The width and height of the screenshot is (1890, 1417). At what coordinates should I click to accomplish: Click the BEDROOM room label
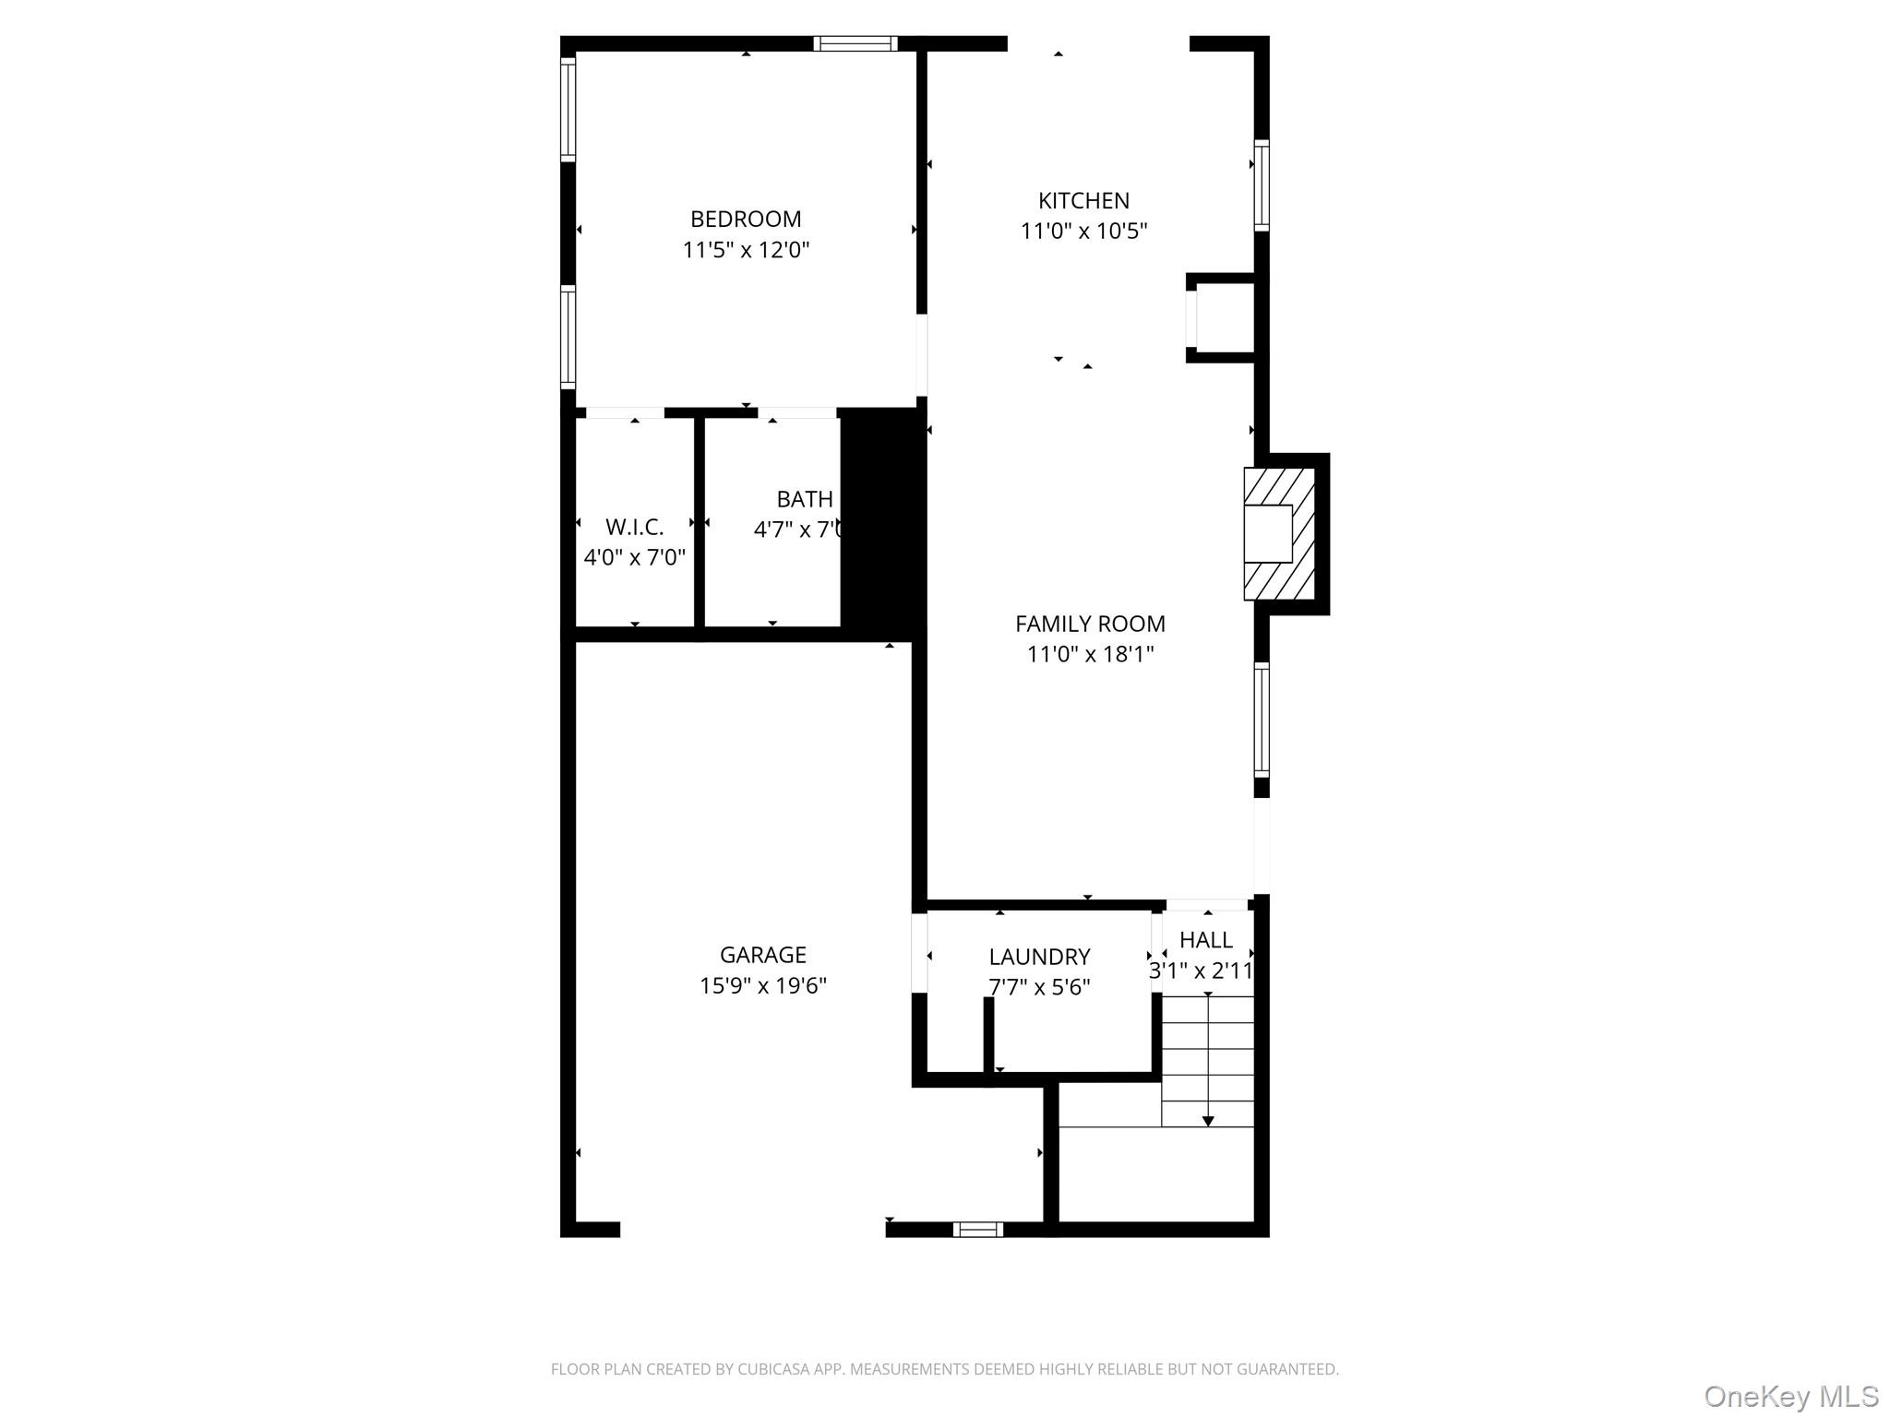(x=746, y=220)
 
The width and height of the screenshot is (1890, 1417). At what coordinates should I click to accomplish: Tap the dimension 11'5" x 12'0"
(x=746, y=250)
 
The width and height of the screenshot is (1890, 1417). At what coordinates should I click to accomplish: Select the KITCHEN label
(x=1083, y=201)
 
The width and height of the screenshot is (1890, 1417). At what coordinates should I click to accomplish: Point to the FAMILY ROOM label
(x=1090, y=625)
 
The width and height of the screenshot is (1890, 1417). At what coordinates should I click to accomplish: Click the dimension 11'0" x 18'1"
(x=1090, y=655)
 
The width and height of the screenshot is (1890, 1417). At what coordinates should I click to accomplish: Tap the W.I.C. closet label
(x=634, y=528)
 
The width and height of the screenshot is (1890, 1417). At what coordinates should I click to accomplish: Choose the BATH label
(x=805, y=500)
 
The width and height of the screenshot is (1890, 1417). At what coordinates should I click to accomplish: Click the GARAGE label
(x=762, y=955)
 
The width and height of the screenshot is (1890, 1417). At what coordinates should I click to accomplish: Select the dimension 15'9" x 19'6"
(x=762, y=986)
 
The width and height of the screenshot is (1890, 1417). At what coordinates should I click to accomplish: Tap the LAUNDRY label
(x=1039, y=958)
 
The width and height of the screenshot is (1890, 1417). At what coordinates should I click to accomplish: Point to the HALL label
(x=1205, y=940)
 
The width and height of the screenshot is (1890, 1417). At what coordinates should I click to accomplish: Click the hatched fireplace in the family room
(x=1279, y=533)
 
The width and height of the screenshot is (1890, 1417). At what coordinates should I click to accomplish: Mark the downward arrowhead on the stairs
(x=1207, y=1121)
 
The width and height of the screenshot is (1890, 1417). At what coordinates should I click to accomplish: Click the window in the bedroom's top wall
(x=855, y=43)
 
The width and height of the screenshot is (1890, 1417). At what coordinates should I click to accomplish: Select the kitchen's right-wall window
(x=1261, y=185)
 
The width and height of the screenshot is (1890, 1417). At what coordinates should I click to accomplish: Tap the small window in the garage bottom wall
(x=977, y=1229)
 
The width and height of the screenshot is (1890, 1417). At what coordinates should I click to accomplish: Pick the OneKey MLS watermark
(x=1790, y=1396)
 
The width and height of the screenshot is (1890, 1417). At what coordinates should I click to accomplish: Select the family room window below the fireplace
(x=1261, y=720)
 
